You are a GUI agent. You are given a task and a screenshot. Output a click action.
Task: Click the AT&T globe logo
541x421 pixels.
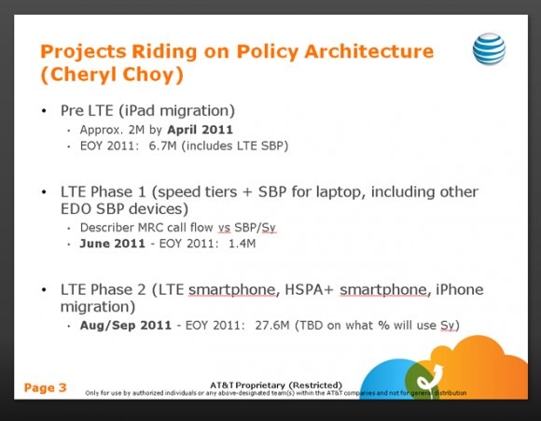click(489, 49)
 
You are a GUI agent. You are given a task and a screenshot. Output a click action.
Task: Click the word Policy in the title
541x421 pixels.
click(267, 52)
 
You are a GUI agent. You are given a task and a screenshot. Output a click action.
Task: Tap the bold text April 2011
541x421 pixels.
click(201, 130)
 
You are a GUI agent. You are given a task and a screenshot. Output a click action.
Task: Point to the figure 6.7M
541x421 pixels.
click(162, 146)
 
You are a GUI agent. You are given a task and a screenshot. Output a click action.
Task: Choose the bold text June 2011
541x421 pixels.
click(113, 244)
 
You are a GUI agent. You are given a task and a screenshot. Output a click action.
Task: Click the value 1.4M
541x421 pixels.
click(243, 244)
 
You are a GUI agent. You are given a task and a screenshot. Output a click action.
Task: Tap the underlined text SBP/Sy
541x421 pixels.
click(255, 228)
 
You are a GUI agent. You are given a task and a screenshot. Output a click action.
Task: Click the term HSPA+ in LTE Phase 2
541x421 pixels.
click(309, 289)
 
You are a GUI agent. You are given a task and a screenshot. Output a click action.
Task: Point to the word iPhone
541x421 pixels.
click(460, 289)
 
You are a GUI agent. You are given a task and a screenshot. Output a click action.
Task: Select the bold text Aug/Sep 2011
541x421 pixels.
click(126, 326)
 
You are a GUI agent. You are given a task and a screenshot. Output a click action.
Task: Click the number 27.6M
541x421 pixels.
click(272, 326)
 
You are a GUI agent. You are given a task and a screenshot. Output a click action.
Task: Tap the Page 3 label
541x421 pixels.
click(45, 387)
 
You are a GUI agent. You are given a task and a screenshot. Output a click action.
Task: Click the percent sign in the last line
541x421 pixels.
click(383, 326)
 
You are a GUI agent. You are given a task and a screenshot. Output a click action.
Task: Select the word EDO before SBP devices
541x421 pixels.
click(76, 209)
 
